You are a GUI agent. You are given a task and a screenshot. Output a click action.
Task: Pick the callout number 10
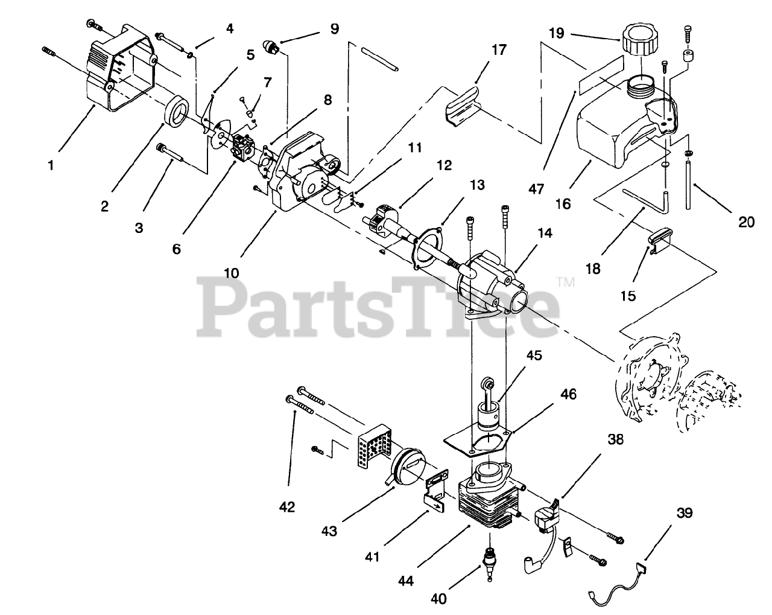(231, 273)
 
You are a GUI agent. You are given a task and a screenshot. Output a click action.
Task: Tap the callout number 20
(747, 222)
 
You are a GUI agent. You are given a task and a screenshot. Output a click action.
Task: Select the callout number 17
(499, 49)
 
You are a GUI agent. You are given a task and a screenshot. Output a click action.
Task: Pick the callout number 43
(329, 531)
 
